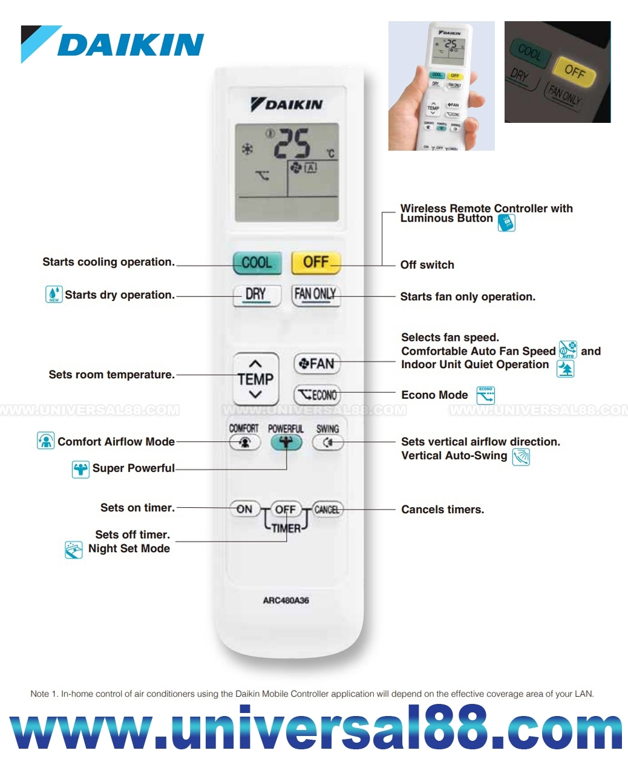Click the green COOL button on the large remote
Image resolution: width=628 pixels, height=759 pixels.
click(257, 263)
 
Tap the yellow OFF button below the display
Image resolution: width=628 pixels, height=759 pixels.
click(316, 263)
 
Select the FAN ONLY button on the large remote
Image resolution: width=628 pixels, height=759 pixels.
click(315, 295)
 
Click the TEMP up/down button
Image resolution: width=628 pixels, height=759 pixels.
click(255, 379)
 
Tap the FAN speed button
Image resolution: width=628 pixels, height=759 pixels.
click(316, 364)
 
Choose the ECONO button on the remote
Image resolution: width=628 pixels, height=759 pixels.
click(316, 395)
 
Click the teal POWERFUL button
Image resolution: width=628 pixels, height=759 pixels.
click(286, 442)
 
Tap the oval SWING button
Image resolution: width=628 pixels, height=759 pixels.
click(327, 442)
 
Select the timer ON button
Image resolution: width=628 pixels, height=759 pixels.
click(244, 510)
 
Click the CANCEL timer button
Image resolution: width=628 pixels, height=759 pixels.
click(327, 510)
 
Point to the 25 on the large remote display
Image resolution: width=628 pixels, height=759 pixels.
click(292, 143)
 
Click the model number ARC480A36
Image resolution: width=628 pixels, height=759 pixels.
click(286, 600)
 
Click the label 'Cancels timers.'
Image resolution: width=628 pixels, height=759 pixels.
click(442, 510)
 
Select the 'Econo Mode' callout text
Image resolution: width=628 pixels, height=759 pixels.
click(434, 395)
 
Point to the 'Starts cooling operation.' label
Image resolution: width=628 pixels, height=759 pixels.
click(108, 262)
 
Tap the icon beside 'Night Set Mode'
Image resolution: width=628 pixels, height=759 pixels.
click(74, 550)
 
